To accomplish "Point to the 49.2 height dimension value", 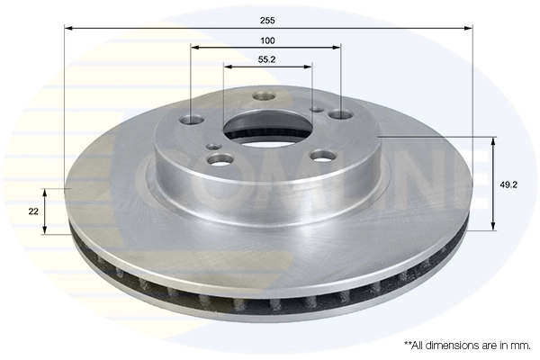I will [x=508, y=184].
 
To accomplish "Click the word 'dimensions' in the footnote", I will [x=457, y=346].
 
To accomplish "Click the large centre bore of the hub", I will [x=267, y=126].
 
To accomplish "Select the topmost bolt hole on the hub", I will [x=263, y=96].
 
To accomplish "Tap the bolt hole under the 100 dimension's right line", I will [x=340, y=115].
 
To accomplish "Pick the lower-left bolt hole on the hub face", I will [x=219, y=160].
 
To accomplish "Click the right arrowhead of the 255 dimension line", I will [x=469, y=28].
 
